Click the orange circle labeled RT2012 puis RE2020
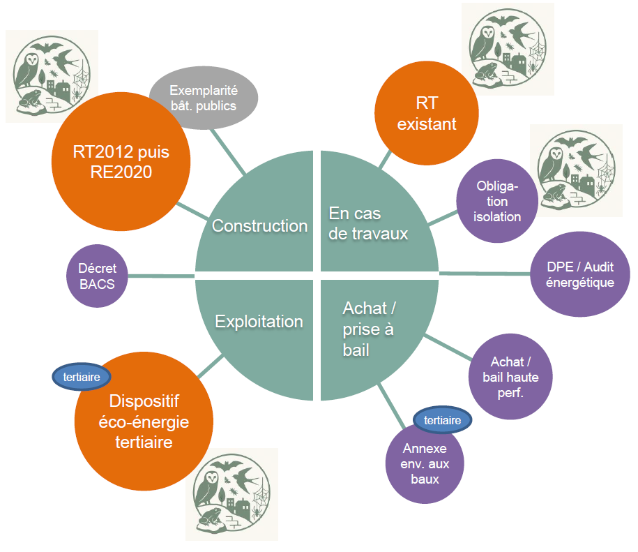point(121,161)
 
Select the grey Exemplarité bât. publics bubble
point(204,98)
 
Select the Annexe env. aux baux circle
point(425,463)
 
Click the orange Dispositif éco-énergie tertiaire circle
point(144,422)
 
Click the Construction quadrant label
point(259,226)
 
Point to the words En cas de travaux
point(368,223)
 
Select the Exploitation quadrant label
point(259,322)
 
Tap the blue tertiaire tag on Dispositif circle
point(82,377)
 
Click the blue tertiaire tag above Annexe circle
point(442,420)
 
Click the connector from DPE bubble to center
point(484,273)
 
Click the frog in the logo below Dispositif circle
point(210,519)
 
